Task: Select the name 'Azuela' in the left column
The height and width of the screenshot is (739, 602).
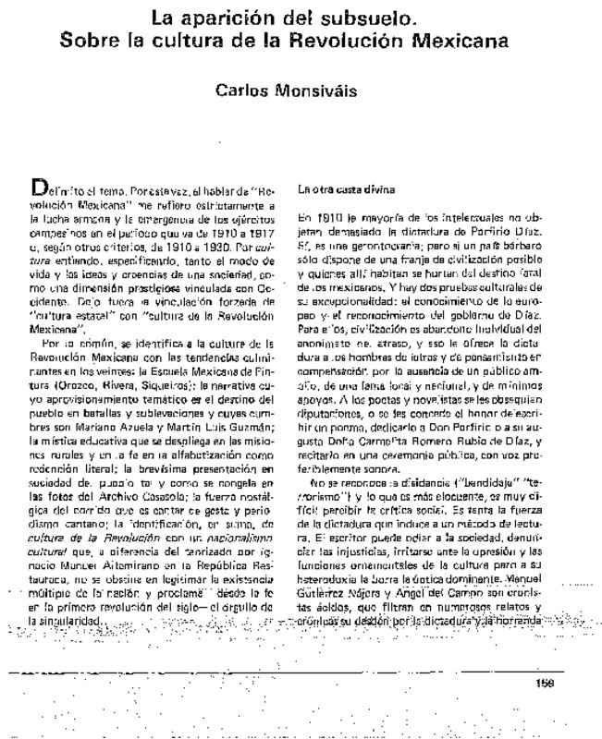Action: click(x=141, y=389)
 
